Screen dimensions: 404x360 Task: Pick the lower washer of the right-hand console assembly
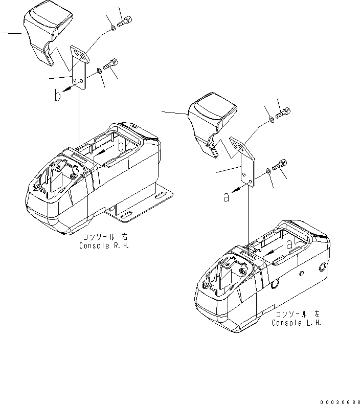[x=99, y=71]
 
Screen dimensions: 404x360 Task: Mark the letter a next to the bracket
[x=226, y=197]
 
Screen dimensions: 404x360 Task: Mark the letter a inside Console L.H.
[x=289, y=245]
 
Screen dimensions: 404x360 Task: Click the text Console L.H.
[x=297, y=323]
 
